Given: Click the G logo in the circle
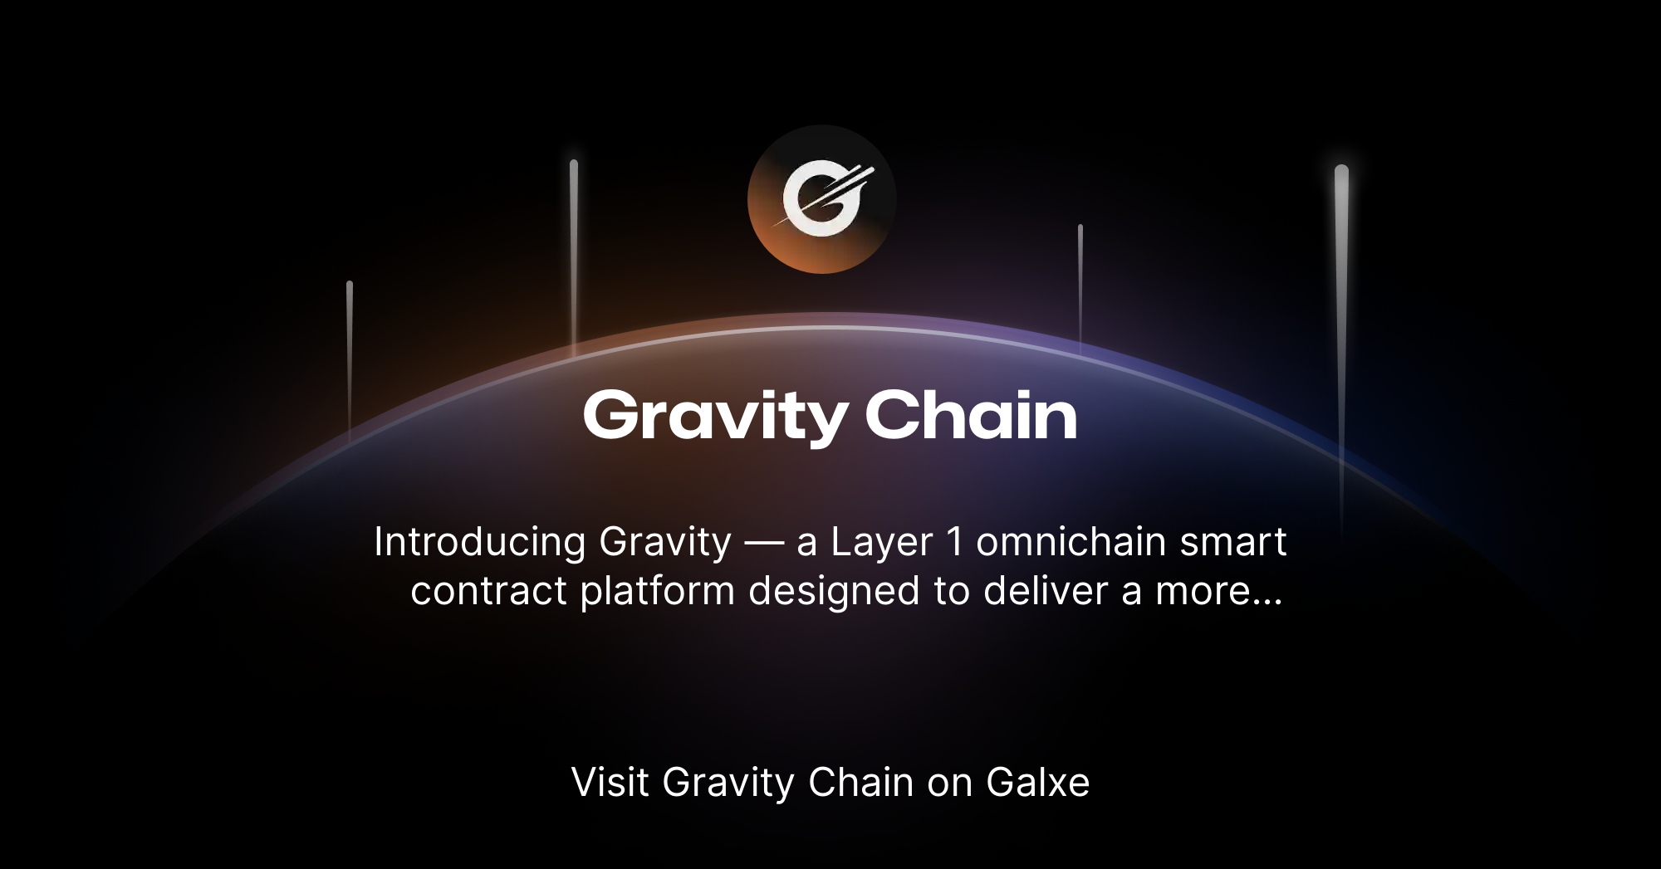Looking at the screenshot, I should click(x=822, y=199).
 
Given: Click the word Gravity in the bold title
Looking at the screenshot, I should click(x=715, y=416).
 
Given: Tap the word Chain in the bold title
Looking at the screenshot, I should click(x=971, y=415).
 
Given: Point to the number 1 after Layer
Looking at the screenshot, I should click(x=955, y=542).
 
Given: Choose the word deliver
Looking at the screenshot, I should click(x=1046, y=591).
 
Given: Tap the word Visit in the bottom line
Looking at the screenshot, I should click(x=610, y=783).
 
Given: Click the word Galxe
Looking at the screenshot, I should click(x=1037, y=783).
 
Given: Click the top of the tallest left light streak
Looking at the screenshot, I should click(x=574, y=164).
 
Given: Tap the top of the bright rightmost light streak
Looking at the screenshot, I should click(x=1341, y=172).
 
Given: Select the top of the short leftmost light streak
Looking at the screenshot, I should click(x=350, y=285).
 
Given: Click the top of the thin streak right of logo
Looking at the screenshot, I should click(x=1080, y=227).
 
